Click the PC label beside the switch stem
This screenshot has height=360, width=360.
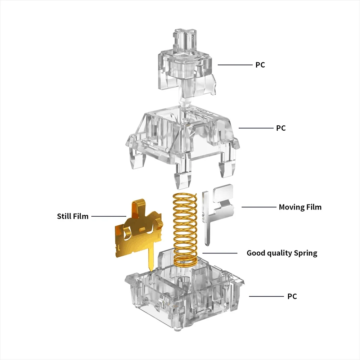[x=260, y=65]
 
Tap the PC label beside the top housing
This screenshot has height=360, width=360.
[x=281, y=128]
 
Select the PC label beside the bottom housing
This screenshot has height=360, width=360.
[x=292, y=296]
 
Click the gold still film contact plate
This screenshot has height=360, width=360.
[x=139, y=232]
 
